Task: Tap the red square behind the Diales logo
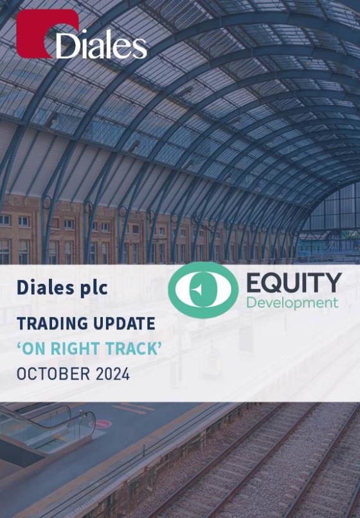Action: pos(46,33)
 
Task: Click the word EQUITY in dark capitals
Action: pos(294,283)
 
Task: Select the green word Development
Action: pos(292,302)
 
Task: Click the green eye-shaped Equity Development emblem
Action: pos(203,290)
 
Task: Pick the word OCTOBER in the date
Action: pos(53,374)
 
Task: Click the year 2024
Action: pos(113,374)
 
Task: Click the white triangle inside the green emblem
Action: pos(198,290)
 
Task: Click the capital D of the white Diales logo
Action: pos(66,45)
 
